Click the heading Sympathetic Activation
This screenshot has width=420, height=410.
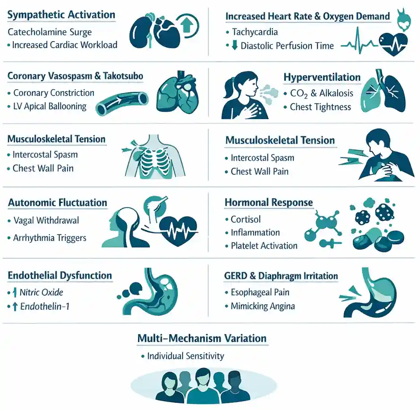(61, 15)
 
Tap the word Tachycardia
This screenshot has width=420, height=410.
(255, 32)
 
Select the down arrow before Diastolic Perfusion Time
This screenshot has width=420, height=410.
(235, 45)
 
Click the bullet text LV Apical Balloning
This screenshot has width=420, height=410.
(50, 107)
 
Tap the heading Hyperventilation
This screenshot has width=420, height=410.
(322, 77)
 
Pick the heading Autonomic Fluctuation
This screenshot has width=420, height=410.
(58, 203)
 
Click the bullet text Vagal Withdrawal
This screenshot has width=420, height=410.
(46, 220)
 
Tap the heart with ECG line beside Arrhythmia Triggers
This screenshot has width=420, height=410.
(178, 230)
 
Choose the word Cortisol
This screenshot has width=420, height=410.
(246, 219)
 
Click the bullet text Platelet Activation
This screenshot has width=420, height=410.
(264, 246)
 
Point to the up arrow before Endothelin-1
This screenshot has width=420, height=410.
(15, 306)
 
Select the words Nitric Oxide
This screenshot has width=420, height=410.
(41, 293)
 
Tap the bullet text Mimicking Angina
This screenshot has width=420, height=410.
(263, 306)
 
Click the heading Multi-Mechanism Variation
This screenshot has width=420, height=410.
(202, 339)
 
